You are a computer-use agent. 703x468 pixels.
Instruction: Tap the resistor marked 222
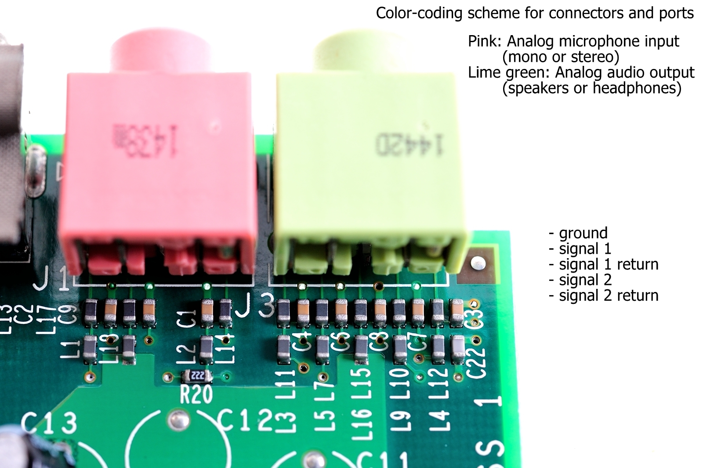point(197,376)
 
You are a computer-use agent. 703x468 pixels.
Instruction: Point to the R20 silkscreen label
point(196,394)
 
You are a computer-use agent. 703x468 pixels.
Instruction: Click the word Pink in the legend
point(484,41)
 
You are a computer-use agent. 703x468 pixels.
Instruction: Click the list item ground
point(583,233)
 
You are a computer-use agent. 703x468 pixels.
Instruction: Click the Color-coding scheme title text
point(535,13)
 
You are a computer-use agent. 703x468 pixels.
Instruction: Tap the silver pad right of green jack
point(478,263)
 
